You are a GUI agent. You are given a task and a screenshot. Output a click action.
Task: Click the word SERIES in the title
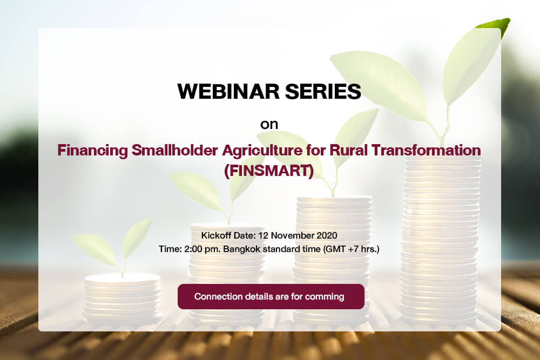pos(323,91)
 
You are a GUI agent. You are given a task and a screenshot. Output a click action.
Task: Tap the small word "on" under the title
pos(269,125)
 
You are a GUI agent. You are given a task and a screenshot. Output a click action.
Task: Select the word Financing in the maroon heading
pos(92,151)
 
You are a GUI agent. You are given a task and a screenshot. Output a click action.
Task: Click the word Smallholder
pos(174,150)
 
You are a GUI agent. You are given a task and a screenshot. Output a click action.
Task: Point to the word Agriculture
pos(262,151)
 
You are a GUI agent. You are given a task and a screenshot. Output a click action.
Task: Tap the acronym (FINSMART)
pos(269,171)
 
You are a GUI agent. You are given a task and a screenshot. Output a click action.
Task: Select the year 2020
pos(327,235)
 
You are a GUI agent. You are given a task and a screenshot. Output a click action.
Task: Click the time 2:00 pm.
pos(202,249)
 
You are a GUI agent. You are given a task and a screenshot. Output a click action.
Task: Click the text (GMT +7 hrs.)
pos(351,249)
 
